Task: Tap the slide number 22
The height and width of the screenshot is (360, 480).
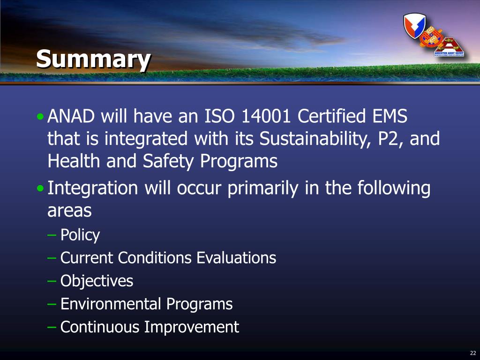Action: coord(472,353)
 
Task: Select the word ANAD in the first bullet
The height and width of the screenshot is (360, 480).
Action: coord(71,116)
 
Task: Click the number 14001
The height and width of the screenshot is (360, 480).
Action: coord(266,116)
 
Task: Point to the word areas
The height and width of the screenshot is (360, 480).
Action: coord(69,211)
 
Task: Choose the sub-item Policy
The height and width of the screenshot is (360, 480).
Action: coord(80,235)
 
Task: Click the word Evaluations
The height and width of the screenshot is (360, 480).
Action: coord(236,258)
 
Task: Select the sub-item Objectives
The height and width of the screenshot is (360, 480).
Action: coord(97,281)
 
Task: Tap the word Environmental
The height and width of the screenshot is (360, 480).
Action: coord(111,304)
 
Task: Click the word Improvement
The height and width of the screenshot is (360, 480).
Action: coord(191,327)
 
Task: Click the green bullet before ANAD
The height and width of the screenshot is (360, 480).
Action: coord(40,117)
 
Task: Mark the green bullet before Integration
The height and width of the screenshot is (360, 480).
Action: coord(40,188)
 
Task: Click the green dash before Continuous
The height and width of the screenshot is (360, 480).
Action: coord(52,327)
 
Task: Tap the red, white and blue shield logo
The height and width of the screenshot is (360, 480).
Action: coord(414,25)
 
